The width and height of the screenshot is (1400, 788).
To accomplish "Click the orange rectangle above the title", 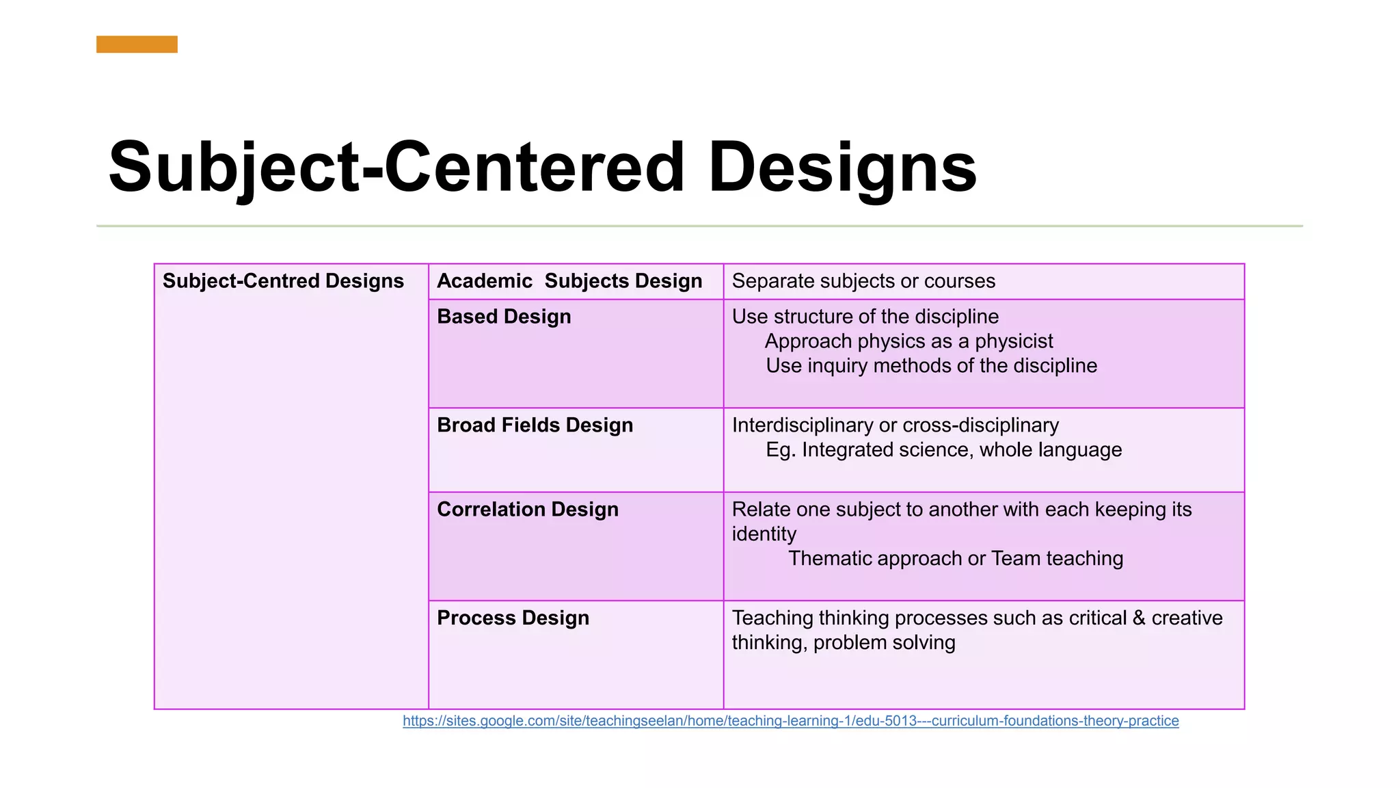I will [x=137, y=44].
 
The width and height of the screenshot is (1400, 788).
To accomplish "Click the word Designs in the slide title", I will [x=842, y=168].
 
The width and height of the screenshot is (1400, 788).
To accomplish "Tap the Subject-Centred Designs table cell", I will [x=283, y=281].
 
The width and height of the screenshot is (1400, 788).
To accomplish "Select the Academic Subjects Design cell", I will [x=569, y=281].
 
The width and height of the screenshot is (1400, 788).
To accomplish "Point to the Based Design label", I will [x=504, y=317].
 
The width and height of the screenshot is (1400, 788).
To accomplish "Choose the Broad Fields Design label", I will [x=535, y=425].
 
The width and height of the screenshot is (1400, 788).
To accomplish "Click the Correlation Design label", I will [x=527, y=510].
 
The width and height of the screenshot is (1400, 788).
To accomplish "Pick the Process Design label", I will [x=513, y=618].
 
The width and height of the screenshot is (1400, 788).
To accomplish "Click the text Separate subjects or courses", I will [x=863, y=281].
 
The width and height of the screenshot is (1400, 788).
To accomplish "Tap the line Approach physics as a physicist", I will [x=908, y=341].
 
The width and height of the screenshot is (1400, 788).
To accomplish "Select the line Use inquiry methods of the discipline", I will [x=931, y=366].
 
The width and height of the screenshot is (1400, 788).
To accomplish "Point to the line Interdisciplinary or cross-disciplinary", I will [x=895, y=425].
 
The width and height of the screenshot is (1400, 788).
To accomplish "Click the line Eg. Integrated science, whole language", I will [x=943, y=450].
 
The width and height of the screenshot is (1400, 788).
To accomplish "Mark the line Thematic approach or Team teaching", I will [x=955, y=559].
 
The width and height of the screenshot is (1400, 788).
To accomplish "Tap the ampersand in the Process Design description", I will [x=1139, y=618].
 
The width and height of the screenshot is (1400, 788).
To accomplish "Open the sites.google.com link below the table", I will [x=790, y=721].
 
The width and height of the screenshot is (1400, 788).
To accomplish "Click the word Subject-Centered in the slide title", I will [x=396, y=168].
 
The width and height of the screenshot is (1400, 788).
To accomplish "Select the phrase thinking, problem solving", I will [x=843, y=643].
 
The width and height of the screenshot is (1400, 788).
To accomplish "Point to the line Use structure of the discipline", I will [x=865, y=317].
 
